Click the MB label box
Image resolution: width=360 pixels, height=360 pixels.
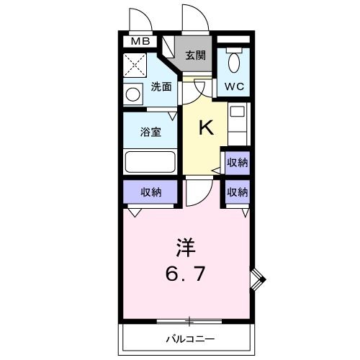(x=140, y=42)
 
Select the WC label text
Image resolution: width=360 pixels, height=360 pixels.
(x=233, y=86)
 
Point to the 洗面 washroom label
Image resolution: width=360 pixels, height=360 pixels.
(x=161, y=87)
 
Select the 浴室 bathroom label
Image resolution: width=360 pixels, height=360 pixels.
(x=150, y=132)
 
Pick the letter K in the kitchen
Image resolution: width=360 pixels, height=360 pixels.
(x=205, y=128)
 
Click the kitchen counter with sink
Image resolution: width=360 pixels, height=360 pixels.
(x=238, y=122)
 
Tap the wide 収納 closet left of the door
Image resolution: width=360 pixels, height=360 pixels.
(x=150, y=192)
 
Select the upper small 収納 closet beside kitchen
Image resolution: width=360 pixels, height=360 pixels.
(x=237, y=163)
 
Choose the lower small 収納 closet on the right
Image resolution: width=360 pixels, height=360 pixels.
(x=237, y=192)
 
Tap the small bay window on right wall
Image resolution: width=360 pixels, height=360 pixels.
(x=258, y=278)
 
